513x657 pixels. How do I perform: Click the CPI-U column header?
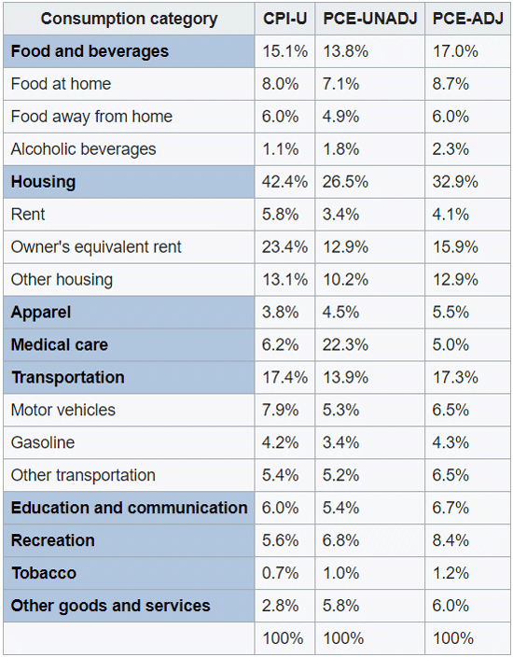pyautogui.click(x=284, y=19)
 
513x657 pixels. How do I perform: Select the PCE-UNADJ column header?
pyautogui.click(x=370, y=19)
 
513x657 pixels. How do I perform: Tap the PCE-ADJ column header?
pyautogui.click(x=468, y=19)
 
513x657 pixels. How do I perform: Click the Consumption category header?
pyautogui.click(x=129, y=20)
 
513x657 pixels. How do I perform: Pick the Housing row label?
pyautogui.click(x=43, y=182)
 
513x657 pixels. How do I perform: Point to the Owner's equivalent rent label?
pyautogui.click(x=96, y=246)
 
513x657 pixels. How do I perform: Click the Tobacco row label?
pyautogui.click(x=44, y=573)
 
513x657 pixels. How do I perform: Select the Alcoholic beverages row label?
pyautogui.click(x=83, y=149)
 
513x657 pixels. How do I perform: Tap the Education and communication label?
pyautogui.click(x=129, y=508)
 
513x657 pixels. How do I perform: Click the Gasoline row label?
pyautogui.click(x=43, y=442)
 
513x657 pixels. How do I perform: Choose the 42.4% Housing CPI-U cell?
pyautogui.click(x=284, y=182)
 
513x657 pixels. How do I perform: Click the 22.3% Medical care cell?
pyautogui.click(x=345, y=345)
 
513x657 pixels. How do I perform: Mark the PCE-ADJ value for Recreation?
pyautogui.click(x=451, y=540)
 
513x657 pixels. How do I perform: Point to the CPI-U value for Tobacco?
pyautogui.click(x=280, y=573)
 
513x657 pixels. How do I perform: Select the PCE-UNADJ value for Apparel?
pyautogui.click(x=340, y=312)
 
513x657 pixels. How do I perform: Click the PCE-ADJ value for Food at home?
pyautogui.click(x=451, y=84)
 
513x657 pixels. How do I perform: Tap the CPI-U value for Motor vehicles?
pyautogui.click(x=280, y=410)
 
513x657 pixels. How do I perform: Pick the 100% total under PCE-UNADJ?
pyautogui.click(x=343, y=638)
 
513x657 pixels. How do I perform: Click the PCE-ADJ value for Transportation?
pyautogui.click(x=455, y=377)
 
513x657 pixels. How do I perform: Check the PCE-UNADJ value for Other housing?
pyautogui.click(x=345, y=279)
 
